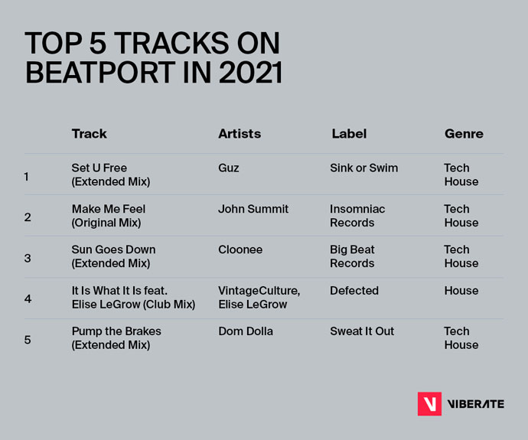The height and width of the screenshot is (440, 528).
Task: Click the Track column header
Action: pyautogui.click(x=89, y=134)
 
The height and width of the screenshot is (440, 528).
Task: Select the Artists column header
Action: pyautogui.click(x=240, y=134)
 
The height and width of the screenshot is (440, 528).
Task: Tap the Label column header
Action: pyautogui.click(x=349, y=134)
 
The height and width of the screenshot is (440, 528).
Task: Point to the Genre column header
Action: pyautogui.click(x=464, y=134)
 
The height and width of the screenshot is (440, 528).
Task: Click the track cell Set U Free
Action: pyautogui.click(x=110, y=174)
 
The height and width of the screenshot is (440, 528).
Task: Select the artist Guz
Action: pyautogui.click(x=229, y=168)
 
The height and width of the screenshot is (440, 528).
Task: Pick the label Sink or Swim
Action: pyautogui.click(x=363, y=168)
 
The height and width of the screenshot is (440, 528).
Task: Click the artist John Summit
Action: pyautogui.click(x=253, y=209)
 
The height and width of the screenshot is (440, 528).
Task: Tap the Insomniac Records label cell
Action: pyautogui.click(x=357, y=216)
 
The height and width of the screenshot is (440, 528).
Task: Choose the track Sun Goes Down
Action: pyautogui.click(x=113, y=256)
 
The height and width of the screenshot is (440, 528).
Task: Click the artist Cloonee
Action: pyautogui.click(x=240, y=249)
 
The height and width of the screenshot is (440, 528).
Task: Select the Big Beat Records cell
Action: pyautogui.click(x=351, y=256)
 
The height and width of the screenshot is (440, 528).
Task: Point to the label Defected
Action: pyautogui.click(x=354, y=291)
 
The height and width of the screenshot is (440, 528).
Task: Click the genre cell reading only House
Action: pyautogui.click(x=461, y=291)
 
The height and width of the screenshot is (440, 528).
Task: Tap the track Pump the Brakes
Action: pyautogui.click(x=116, y=338)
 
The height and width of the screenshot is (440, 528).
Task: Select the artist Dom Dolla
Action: pyautogui.click(x=245, y=331)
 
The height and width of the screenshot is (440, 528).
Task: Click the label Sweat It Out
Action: pyautogui.click(x=362, y=331)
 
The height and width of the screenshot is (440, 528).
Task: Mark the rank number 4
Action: pyautogui.click(x=28, y=298)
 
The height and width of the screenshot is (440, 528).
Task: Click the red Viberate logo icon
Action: pyautogui.click(x=429, y=403)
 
